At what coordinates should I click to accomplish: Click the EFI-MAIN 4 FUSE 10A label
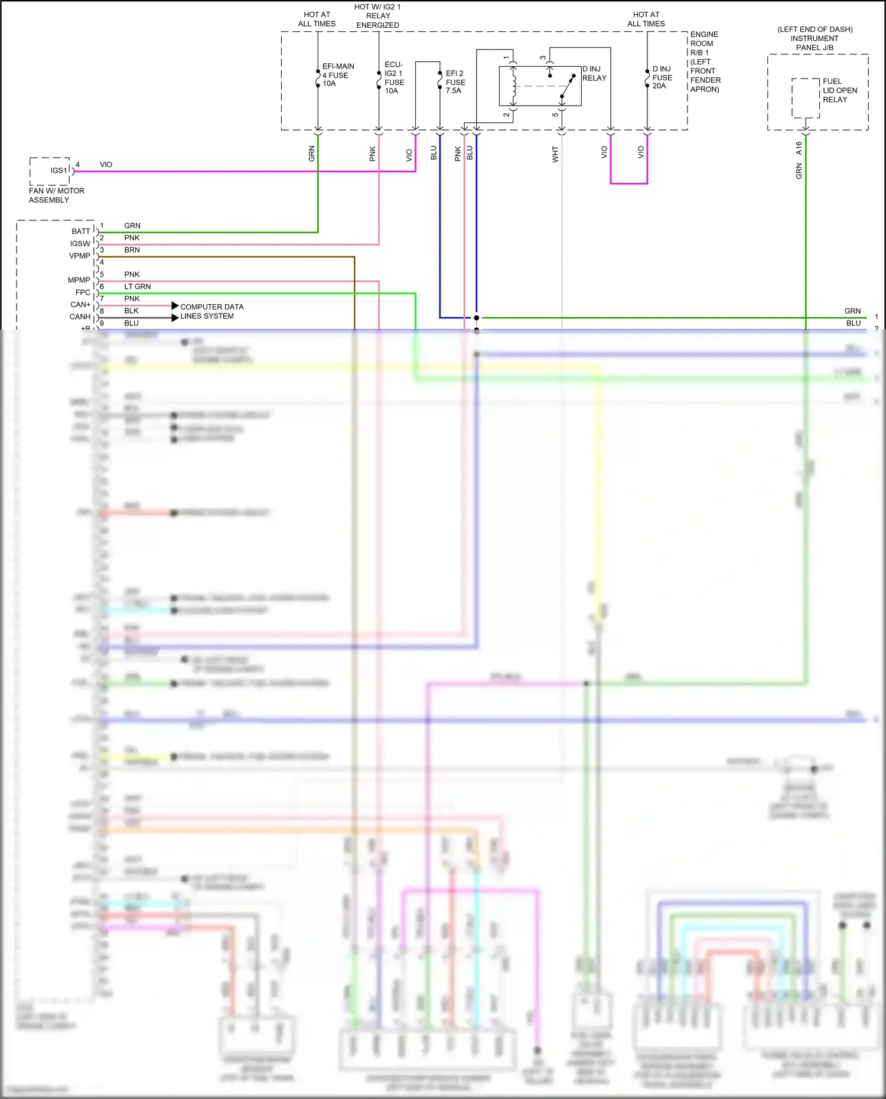[x=338, y=75]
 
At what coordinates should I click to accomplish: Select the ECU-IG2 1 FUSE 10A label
[x=394, y=77]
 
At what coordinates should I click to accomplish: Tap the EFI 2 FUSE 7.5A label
[x=455, y=82]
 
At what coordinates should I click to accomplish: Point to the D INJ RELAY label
[x=594, y=73]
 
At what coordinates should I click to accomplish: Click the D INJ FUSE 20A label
[x=662, y=77]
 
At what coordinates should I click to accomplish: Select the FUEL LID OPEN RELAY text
[x=839, y=90]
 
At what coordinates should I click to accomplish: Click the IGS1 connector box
[x=50, y=171]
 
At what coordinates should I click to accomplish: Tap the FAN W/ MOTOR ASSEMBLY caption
[x=56, y=195]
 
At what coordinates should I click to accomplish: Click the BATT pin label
[x=81, y=231]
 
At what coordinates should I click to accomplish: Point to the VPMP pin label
[x=80, y=256]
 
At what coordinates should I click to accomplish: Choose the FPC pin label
[x=83, y=292]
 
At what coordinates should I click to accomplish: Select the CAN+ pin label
[x=80, y=305]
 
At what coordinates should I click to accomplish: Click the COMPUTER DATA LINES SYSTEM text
[x=211, y=311]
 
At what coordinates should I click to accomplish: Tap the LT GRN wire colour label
[x=137, y=286]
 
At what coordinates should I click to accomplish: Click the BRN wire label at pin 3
[x=132, y=250]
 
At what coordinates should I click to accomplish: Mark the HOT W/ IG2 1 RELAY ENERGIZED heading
[x=377, y=16]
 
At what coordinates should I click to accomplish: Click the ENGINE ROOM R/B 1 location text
[x=705, y=61]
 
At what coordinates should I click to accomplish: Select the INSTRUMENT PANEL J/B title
[x=815, y=43]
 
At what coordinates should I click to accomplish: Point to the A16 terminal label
[x=799, y=148]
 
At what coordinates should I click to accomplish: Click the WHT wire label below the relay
[x=555, y=155]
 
